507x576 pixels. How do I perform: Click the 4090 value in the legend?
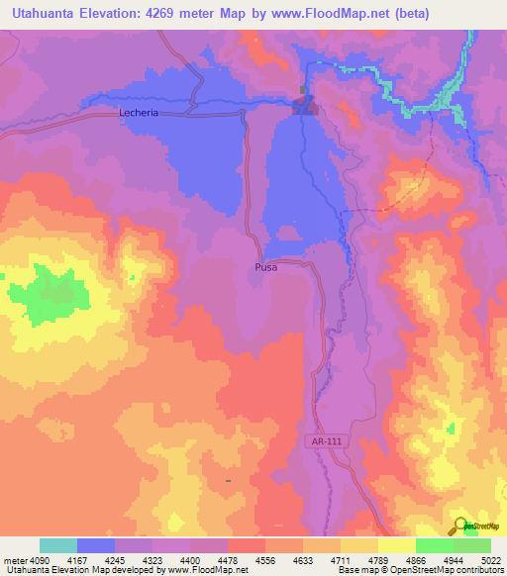40,560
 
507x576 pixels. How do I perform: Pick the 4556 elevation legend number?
265,560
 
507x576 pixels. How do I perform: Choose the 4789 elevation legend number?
379,560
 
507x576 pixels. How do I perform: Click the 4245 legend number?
115,560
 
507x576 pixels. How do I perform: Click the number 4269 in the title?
194,14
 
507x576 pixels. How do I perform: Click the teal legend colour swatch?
58,545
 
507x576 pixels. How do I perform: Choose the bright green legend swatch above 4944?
435,545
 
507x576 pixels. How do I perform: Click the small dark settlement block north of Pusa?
305,103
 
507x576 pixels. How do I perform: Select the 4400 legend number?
190,560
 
